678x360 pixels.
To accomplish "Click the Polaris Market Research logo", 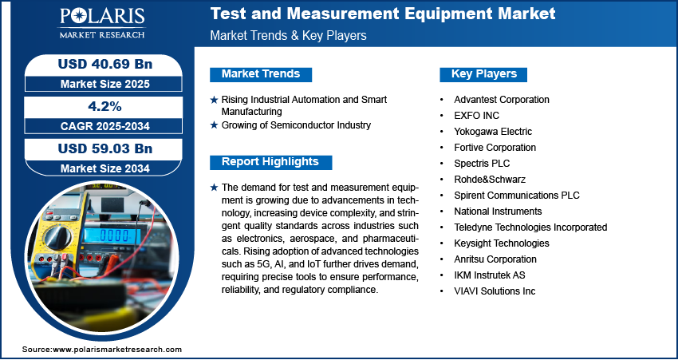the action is [x=102, y=23].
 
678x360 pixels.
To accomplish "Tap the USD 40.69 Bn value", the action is [x=105, y=64].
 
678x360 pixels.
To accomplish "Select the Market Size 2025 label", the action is [x=105, y=84].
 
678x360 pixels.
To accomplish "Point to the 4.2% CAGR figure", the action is [x=105, y=106].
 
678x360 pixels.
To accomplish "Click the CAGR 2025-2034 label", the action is [x=105, y=126].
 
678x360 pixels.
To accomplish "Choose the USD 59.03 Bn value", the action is [x=105, y=148].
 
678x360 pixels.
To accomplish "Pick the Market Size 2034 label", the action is [x=105, y=168].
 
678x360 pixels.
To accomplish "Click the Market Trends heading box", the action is [x=261, y=74].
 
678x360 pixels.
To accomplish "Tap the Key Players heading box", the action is [x=483, y=74].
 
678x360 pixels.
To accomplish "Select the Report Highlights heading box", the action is [x=270, y=162].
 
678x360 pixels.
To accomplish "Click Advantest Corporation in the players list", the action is [x=502, y=100].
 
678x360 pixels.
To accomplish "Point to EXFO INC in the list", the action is [x=476, y=116].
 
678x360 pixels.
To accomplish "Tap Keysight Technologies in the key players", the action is [x=502, y=243].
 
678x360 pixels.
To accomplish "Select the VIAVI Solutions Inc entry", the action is [x=495, y=291].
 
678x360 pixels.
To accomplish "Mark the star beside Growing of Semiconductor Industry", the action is [x=214, y=125].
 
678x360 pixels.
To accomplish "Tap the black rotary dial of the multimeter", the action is [x=57, y=237].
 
